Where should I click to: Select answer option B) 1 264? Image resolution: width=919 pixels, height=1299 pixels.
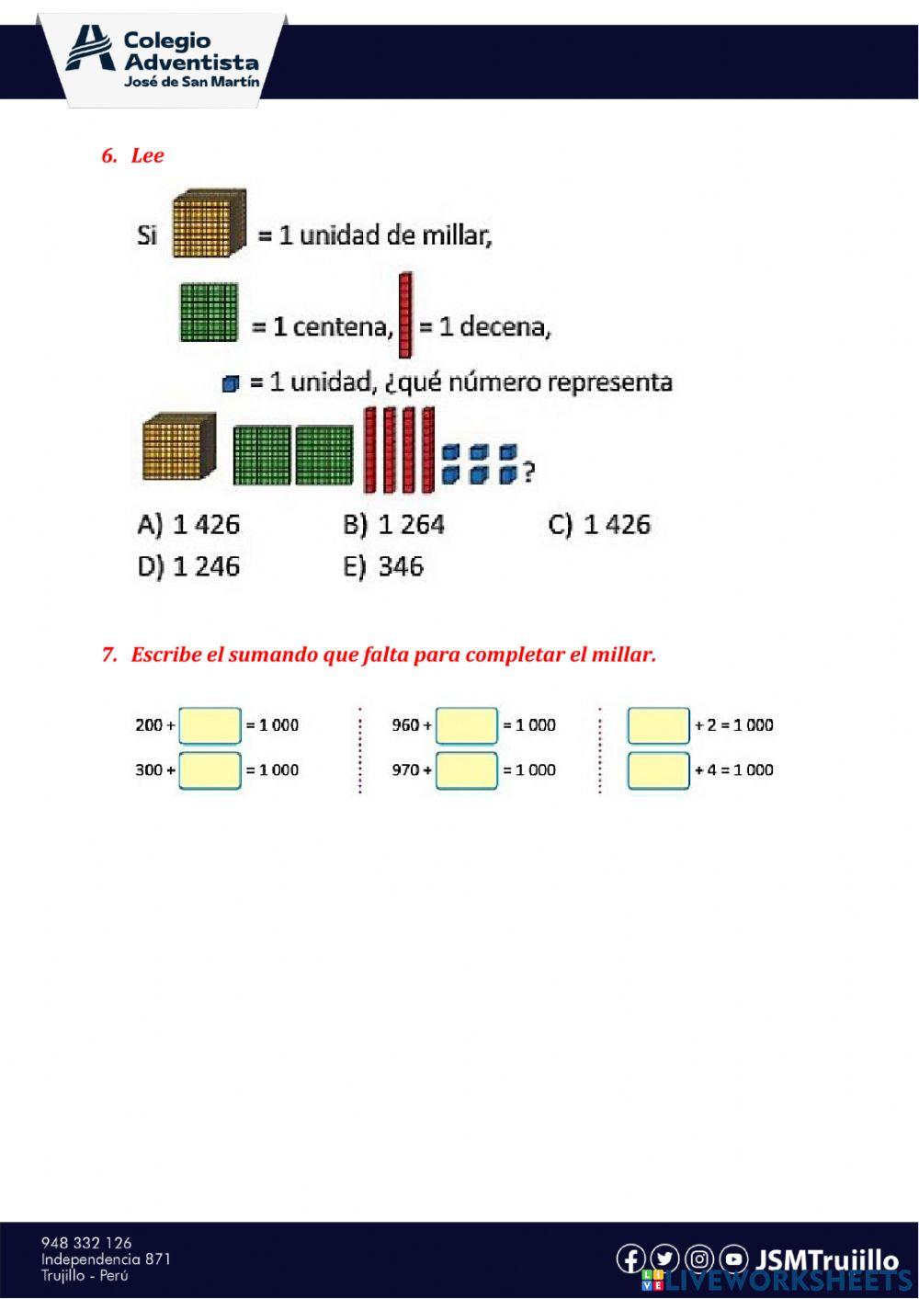[x=393, y=525]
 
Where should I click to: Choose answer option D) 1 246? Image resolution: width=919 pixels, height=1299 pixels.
[x=188, y=566]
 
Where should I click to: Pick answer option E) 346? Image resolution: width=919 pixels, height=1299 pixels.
[x=383, y=566]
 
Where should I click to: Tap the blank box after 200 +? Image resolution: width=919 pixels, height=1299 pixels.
[x=210, y=725]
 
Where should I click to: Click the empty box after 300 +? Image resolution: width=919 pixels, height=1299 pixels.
[x=210, y=770]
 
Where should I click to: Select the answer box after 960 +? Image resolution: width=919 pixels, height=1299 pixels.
[x=467, y=725]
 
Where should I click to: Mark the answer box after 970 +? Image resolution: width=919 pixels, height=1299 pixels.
[x=467, y=770]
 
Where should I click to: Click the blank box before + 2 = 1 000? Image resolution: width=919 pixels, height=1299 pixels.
[x=658, y=725]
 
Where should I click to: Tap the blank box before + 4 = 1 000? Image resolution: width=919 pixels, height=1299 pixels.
[x=658, y=770]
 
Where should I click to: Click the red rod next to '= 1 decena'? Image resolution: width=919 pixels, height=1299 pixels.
[x=405, y=315]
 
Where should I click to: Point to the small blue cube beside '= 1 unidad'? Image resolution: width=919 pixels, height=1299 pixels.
[x=230, y=383]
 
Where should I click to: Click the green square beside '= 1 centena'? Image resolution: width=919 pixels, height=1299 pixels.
[x=209, y=313]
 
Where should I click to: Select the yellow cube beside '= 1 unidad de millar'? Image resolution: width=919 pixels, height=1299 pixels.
[x=210, y=222]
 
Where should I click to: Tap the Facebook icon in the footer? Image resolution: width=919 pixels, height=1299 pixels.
[x=630, y=1259]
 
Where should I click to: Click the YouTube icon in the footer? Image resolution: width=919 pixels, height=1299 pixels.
[x=733, y=1259]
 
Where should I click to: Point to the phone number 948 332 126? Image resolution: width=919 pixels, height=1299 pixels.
[x=86, y=1243]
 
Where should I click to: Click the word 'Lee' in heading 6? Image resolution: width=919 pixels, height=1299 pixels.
[x=147, y=155]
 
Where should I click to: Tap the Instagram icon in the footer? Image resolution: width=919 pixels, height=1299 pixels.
[x=699, y=1259]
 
